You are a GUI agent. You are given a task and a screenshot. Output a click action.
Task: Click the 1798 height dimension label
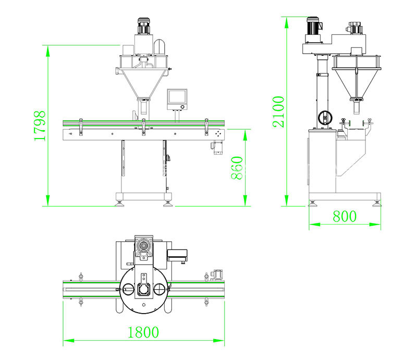tap(40, 126)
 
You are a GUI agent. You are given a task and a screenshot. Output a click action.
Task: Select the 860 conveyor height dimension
tap(237, 168)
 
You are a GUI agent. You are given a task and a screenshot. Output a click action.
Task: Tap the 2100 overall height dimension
tap(278, 111)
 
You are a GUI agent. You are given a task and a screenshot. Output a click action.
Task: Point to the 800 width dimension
tap(345, 216)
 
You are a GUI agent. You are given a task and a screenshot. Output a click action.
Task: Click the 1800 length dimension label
tap(143, 332)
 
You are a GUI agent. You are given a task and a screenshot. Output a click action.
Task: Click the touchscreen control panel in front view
tap(177, 100)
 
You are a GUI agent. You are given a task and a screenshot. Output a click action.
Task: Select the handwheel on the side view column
tap(325, 117)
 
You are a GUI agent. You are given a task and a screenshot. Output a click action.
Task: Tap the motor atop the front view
tap(144, 26)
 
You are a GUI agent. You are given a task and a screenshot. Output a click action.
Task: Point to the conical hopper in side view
tap(356, 83)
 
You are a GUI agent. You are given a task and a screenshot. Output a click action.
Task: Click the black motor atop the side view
tap(314, 27)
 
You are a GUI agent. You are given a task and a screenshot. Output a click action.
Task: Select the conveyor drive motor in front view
tap(217, 148)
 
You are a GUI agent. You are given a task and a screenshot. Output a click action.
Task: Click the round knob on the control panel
tap(182, 107)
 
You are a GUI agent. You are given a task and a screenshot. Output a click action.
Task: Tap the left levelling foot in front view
tap(119, 203)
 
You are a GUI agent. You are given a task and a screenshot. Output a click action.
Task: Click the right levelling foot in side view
tap(377, 204)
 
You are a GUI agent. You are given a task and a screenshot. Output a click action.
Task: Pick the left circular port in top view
tap(128, 289)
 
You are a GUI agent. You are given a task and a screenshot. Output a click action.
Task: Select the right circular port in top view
tap(160, 289)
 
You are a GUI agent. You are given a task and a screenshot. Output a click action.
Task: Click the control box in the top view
tap(177, 256)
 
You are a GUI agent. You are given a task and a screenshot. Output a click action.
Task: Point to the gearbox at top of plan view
tap(144, 248)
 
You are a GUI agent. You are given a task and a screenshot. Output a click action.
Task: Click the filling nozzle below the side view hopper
tap(356, 107)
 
